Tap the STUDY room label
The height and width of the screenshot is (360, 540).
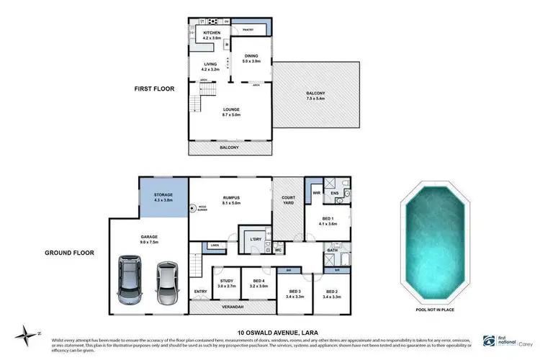pos(227,283)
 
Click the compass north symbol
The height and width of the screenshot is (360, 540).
pos(27,333)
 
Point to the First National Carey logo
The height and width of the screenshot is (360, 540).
pos(507,341)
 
